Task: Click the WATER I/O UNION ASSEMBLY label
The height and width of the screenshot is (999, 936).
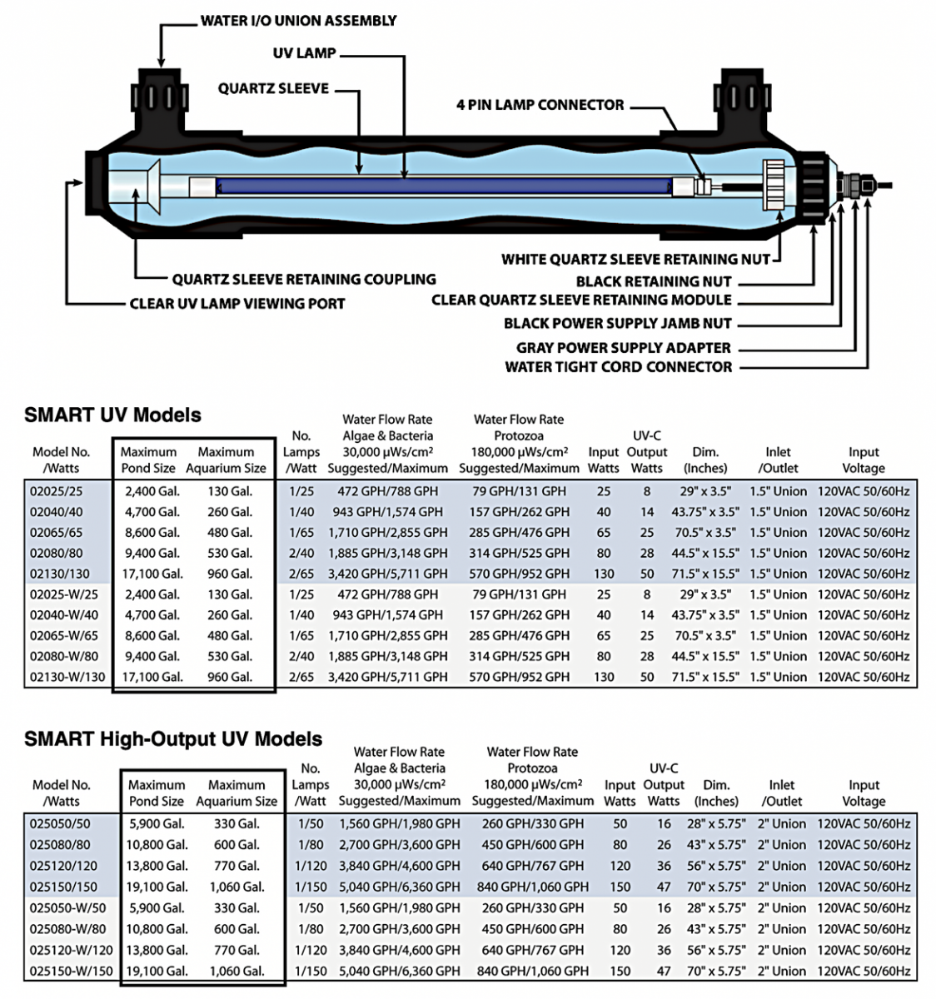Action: [298, 21]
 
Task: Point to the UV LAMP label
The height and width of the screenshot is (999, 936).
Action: [304, 53]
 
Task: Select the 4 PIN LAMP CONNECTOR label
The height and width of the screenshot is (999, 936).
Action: [540, 105]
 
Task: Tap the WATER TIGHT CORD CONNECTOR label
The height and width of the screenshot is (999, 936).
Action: [618, 367]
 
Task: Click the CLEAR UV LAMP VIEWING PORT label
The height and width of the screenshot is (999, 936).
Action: [236, 304]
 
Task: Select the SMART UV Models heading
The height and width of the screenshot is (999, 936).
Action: [112, 415]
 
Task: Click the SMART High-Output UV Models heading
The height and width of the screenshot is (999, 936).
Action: [173, 738]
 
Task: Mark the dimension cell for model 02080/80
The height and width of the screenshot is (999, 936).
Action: [704, 553]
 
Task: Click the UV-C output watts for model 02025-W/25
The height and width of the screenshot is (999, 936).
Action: [647, 594]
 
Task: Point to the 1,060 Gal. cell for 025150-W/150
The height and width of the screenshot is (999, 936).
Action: [236, 971]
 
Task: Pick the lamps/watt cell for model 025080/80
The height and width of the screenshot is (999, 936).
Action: [310, 845]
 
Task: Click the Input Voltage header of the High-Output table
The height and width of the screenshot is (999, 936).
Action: [864, 793]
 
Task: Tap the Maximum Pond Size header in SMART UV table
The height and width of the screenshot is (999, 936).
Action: [148, 460]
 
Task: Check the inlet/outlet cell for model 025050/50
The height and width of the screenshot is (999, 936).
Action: [781, 824]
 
